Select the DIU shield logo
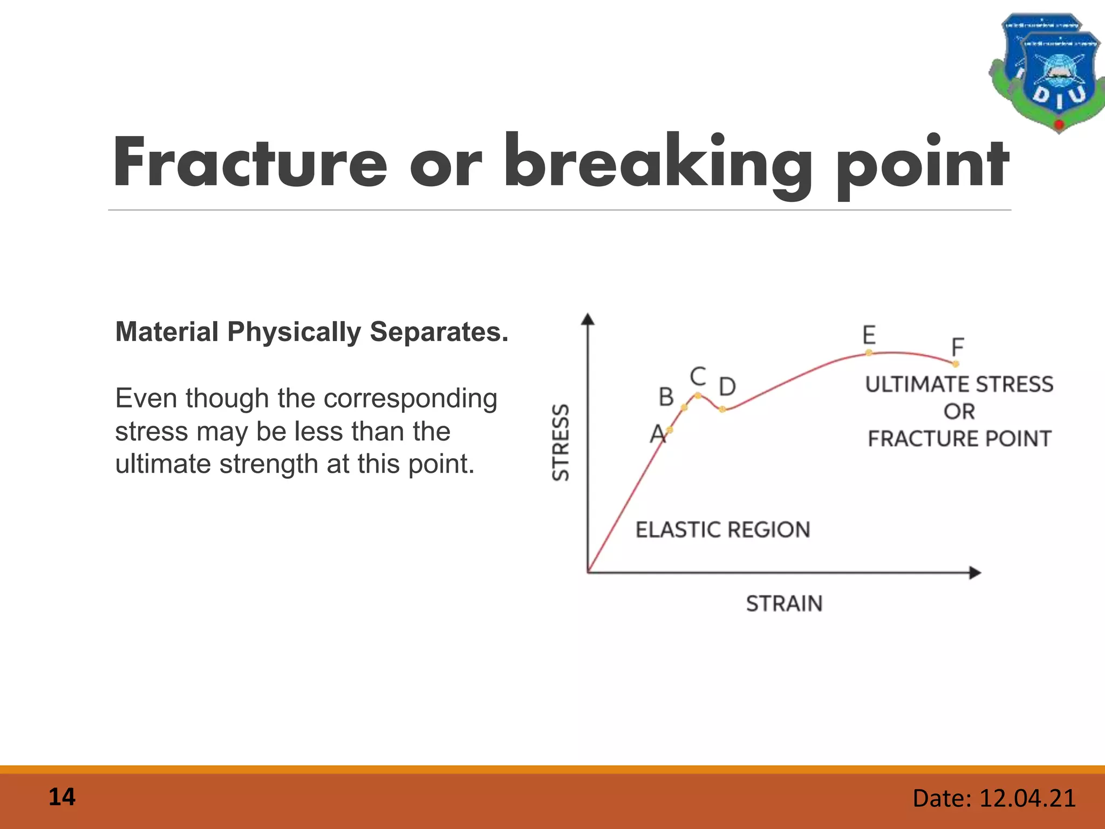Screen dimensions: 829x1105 [1047, 73]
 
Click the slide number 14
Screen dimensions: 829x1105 [62, 798]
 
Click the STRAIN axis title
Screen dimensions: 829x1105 [784, 603]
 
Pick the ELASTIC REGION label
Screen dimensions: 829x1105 [722, 529]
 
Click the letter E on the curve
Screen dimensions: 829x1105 [869, 335]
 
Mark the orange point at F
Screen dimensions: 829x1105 [956, 364]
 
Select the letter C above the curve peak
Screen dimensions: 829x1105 [698, 376]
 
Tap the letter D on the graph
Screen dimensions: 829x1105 [727, 386]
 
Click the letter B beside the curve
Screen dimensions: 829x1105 [666, 397]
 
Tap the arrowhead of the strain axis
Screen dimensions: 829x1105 [975, 573]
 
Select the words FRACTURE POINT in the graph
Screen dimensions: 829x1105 [959, 439]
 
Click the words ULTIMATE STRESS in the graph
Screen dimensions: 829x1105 [959, 384]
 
